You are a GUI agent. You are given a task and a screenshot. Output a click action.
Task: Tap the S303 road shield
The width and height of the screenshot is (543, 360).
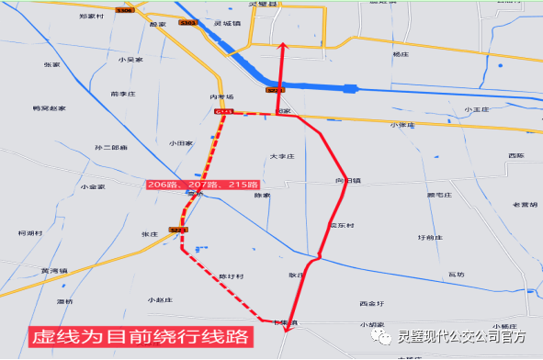point(188,22)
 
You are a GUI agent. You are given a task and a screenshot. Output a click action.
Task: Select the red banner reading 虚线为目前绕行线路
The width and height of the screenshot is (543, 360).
point(138,337)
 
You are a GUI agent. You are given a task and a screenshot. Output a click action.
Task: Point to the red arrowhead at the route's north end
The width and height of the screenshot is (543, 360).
point(282,44)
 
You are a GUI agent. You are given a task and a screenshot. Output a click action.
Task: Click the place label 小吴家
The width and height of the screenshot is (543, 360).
point(130,60)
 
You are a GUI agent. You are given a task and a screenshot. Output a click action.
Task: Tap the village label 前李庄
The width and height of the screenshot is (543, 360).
point(122,94)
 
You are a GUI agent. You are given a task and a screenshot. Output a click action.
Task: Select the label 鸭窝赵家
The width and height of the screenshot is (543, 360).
point(49,108)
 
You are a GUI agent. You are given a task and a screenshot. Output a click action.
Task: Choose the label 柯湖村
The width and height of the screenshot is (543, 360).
point(30,234)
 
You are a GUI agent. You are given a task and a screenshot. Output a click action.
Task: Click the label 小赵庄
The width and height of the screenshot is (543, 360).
point(160,300)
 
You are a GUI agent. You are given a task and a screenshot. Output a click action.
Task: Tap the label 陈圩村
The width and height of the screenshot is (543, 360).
point(231,276)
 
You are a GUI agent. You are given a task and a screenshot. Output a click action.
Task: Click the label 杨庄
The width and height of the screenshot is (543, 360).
point(400,55)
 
